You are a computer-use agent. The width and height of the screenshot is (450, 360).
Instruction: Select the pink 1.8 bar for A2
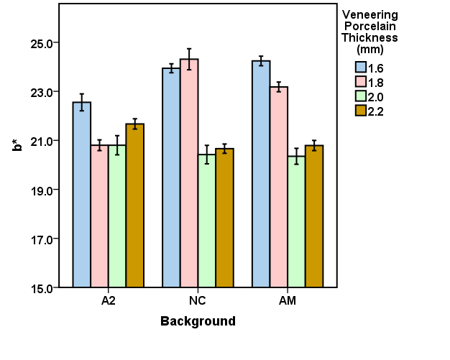click(99, 216)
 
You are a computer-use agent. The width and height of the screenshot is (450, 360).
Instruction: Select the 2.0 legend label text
click(375, 97)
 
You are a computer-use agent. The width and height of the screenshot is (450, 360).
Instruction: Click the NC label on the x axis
click(198, 301)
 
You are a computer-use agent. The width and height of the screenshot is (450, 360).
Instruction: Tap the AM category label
click(288, 301)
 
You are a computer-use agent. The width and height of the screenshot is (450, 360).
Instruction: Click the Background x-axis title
click(198, 321)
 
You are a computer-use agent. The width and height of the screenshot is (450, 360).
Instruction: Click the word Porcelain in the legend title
click(369, 26)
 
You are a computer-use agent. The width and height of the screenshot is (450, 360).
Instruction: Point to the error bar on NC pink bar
click(189, 59)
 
